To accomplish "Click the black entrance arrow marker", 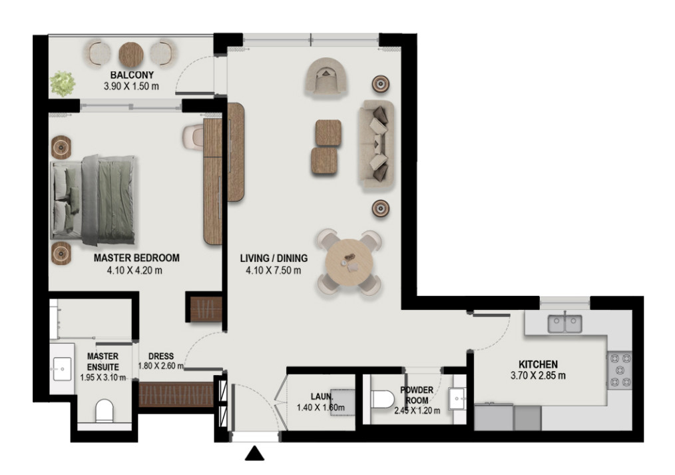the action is pyautogui.click(x=254, y=454).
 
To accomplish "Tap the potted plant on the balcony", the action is pyautogui.click(x=63, y=83).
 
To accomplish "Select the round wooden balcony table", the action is pyautogui.click(x=131, y=54).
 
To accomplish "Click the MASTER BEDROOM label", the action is pyautogui.click(x=136, y=258).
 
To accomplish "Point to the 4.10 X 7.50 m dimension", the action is pyautogui.click(x=274, y=270).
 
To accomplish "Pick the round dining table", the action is pyautogui.click(x=349, y=262).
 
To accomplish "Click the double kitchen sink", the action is pyautogui.click(x=564, y=323).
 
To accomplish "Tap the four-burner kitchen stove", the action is pyautogui.click(x=620, y=370).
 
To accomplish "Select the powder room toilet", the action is pyautogui.click(x=383, y=399).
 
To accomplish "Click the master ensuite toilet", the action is pyautogui.click(x=104, y=411).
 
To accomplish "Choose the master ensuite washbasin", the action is pyautogui.click(x=63, y=368).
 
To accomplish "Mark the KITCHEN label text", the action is pyautogui.click(x=538, y=364).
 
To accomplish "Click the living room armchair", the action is pyautogui.click(x=326, y=76).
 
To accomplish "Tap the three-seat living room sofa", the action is pyautogui.click(x=376, y=143).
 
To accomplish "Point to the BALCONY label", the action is pyautogui.click(x=132, y=75).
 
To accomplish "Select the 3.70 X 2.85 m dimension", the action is pyautogui.click(x=538, y=376).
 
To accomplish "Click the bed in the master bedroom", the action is pyautogui.click(x=93, y=201).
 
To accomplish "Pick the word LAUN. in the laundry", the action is pyautogui.click(x=322, y=396).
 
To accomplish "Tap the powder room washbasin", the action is pyautogui.click(x=457, y=399).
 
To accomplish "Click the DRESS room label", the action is pyautogui.click(x=161, y=356).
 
